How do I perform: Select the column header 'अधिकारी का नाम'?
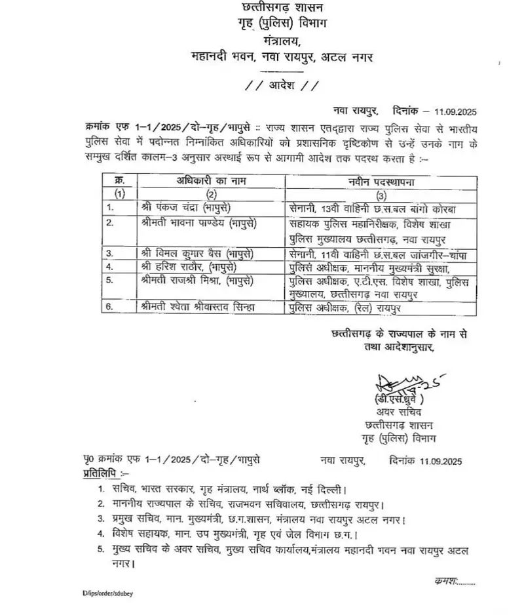(210, 180)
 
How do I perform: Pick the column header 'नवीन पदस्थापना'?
(379, 180)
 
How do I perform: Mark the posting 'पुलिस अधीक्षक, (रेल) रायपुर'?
(346, 307)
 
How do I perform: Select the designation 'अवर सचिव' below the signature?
(397, 412)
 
